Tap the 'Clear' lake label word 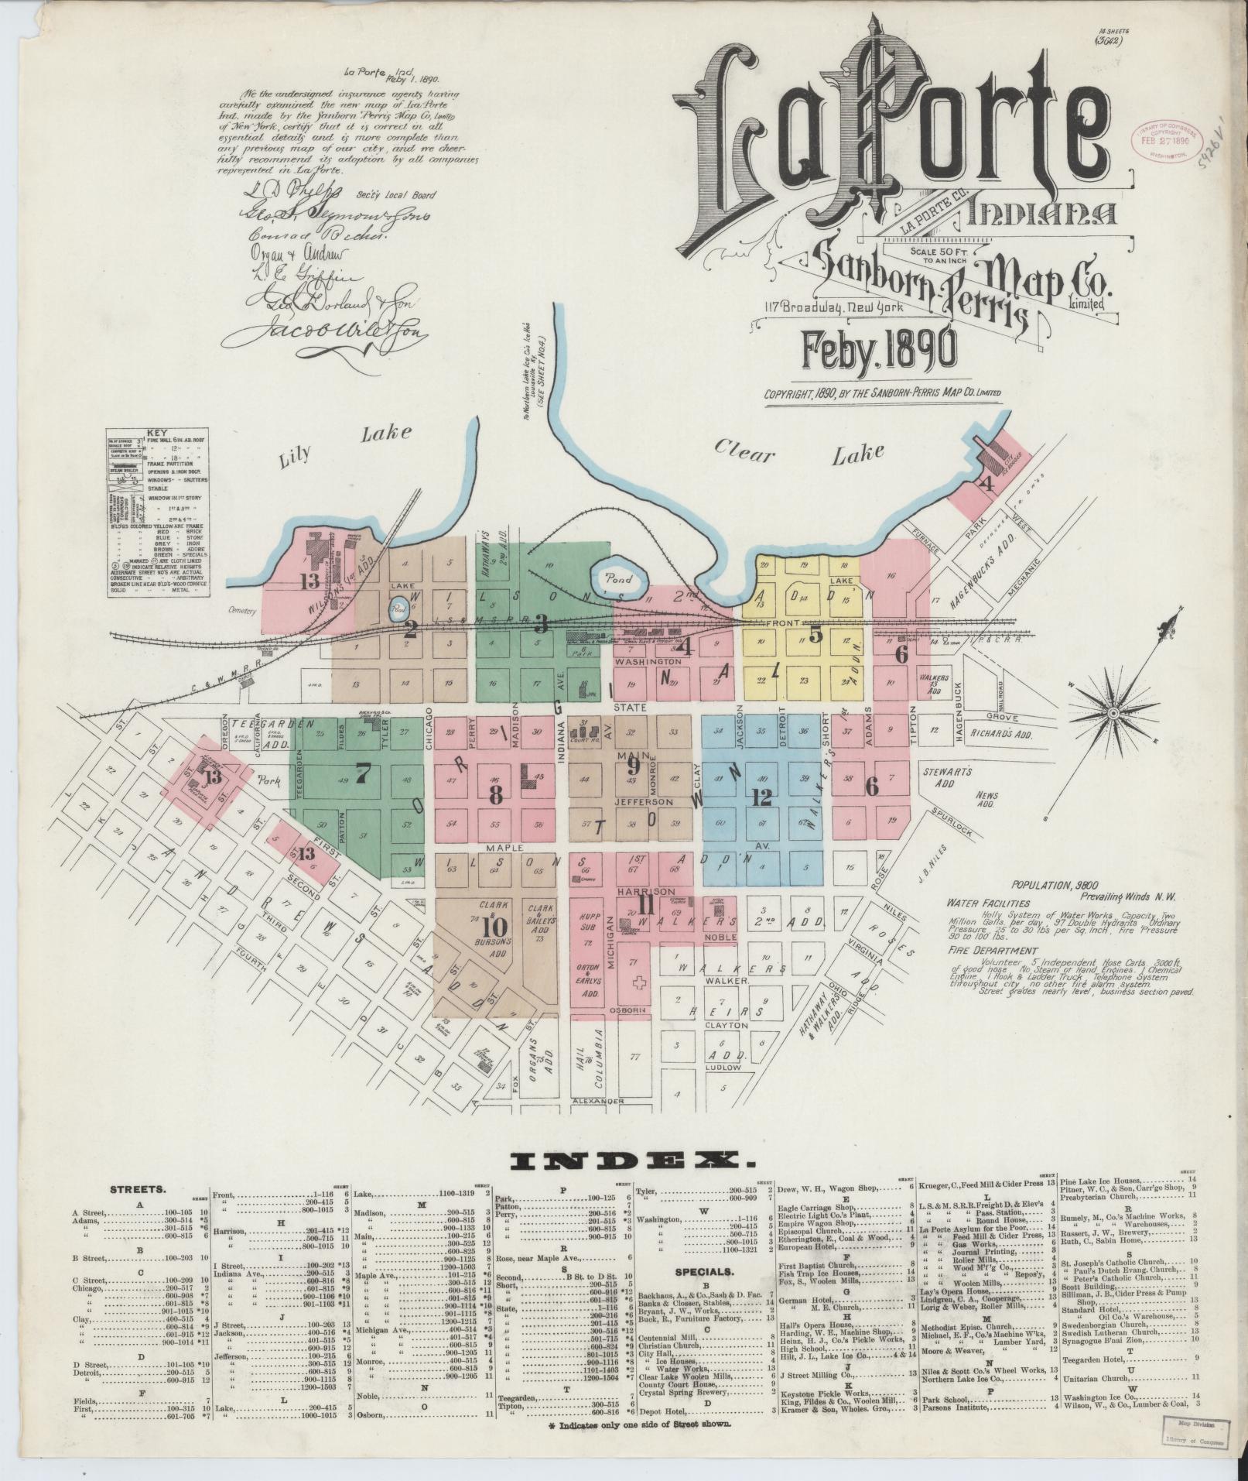click(x=744, y=449)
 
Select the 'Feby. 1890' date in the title click(x=879, y=350)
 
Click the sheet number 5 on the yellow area click(x=815, y=635)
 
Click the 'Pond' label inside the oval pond click(x=619, y=578)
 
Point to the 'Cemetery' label click(x=241, y=612)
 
